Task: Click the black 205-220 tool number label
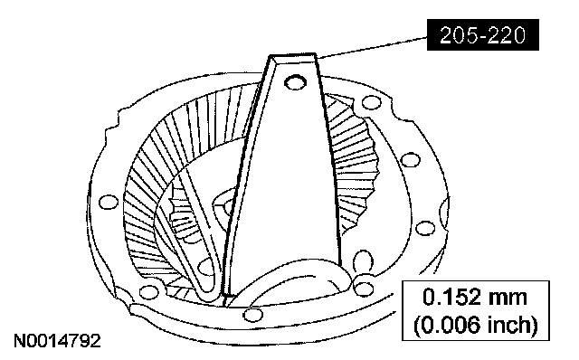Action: [482, 34]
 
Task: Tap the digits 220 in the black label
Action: [507, 35]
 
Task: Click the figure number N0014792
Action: [57, 341]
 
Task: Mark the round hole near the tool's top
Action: [296, 82]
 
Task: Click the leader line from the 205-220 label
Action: [372, 46]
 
